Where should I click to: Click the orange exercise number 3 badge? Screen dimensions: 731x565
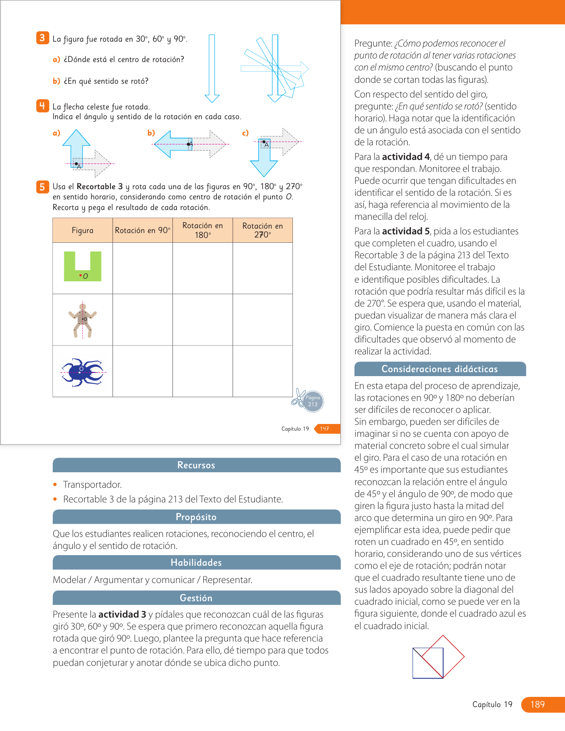coord(42,38)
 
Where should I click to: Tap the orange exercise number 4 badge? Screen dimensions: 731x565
coord(42,106)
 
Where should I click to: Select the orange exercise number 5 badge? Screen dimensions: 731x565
coord(42,187)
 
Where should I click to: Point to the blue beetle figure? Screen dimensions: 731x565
coord(82,372)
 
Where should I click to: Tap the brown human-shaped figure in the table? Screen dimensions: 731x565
coord(82,320)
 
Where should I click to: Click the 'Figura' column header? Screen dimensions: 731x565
coord(82,230)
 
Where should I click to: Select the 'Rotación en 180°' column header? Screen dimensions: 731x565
coord(203,230)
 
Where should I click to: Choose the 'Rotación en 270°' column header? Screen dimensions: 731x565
coord(262,230)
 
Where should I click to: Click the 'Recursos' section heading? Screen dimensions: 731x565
coord(196,465)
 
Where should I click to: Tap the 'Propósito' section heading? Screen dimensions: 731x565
coord(196,517)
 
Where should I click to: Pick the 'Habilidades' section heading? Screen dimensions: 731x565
coord(196,563)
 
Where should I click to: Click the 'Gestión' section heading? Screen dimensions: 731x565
coord(196,598)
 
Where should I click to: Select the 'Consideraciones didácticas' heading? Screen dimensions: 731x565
coord(440,369)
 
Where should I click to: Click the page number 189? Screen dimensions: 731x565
coord(538,704)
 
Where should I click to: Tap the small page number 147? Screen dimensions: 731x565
coord(325,429)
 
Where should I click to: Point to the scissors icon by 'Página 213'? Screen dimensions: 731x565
coord(298,397)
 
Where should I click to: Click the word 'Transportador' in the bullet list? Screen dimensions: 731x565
coord(92,485)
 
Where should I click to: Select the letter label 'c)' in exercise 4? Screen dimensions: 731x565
coord(245,132)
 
